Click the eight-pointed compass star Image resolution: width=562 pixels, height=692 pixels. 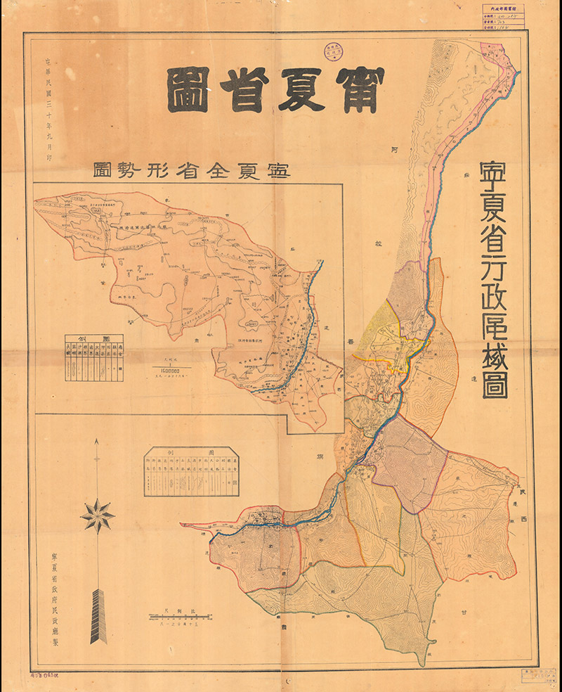[97, 516]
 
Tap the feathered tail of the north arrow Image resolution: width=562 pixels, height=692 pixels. [97, 615]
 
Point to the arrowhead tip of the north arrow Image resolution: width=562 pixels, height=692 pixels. [97, 442]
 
